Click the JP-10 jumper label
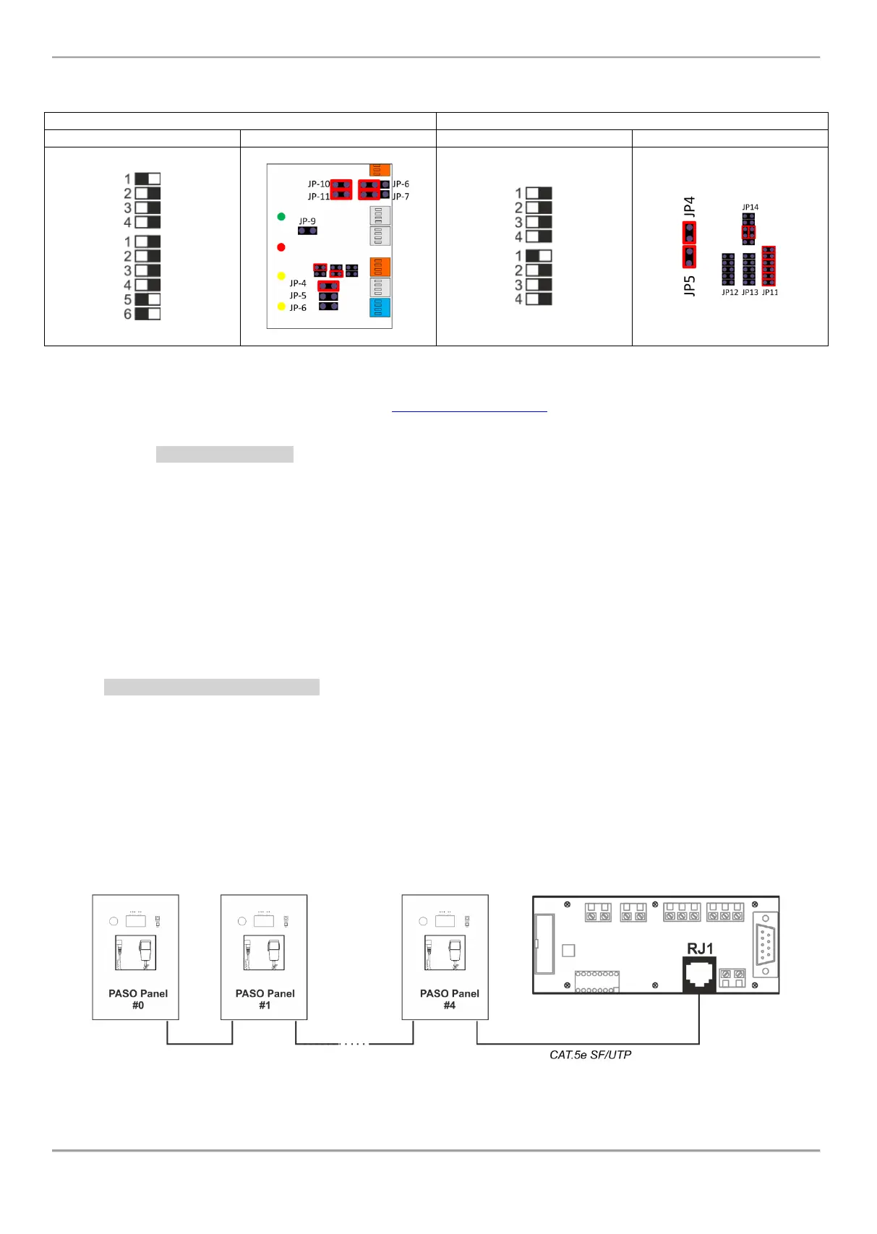(318, 184)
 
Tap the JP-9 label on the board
(307, 221)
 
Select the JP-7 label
(401, 197)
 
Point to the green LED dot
(281, 217)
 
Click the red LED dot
(281, 247)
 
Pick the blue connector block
(380, 308)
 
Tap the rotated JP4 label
(689, 207)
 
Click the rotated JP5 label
(689, 285)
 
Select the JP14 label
(750, 207)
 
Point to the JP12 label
(730, 293)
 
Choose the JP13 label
(750, 293)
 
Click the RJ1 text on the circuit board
(700, 948)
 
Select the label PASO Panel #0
(137, 999)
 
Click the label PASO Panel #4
(449, 999)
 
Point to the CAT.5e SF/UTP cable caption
(590, 1055)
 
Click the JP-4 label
(298, 283)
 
